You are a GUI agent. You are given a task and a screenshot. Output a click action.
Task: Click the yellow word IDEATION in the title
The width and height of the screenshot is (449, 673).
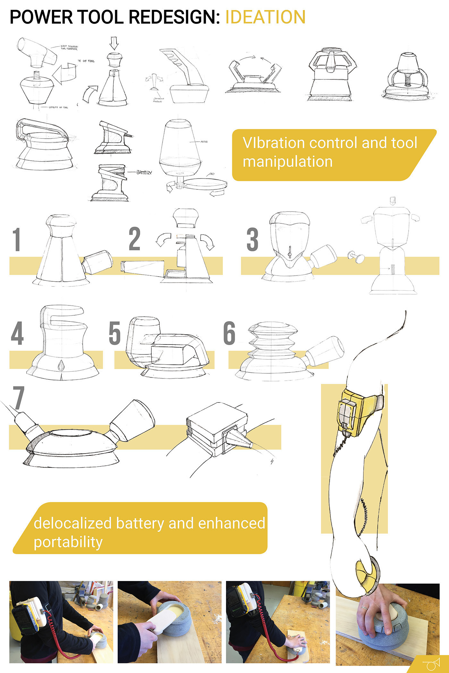click(x=265, y=17)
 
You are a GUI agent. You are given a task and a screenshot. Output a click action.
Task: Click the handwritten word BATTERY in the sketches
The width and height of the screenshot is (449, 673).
click(x=144, y=172)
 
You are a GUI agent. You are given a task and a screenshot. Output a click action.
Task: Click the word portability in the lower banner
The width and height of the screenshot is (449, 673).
click(x=68, y=542)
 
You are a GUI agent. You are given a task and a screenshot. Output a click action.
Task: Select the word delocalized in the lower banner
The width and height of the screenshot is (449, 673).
click(x=72, y=523)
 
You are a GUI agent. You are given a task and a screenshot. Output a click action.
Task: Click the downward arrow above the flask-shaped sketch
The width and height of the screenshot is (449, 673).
click(x=114, y=43)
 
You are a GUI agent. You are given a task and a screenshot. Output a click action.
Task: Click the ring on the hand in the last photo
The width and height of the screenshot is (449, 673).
click(x=365, y=608)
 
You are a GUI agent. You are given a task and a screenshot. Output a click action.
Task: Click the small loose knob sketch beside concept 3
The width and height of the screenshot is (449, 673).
click(x=356, y=256)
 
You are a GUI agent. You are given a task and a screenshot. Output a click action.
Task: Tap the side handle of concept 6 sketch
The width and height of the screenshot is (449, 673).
click(x=325, y=351)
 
